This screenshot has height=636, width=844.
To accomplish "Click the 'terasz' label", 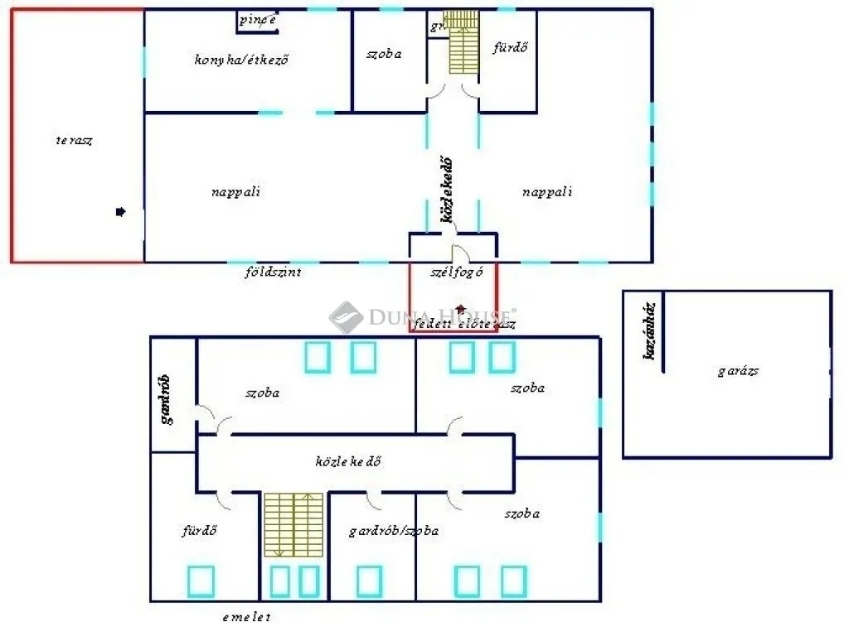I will pos(74,140).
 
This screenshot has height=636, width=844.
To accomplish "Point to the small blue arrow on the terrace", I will pos(120,212).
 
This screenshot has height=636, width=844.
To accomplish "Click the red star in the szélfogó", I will pos(461,309).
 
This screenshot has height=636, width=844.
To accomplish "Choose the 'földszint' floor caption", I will pos(273,272).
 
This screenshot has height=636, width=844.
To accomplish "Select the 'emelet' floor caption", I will pos(246,617).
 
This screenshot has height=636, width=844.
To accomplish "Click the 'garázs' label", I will pos(738,371).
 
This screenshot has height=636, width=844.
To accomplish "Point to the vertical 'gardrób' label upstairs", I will pos(166,399).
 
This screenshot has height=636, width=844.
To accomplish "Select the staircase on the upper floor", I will pos(293,524).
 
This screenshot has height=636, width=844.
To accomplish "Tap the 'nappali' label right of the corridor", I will pos(547,192).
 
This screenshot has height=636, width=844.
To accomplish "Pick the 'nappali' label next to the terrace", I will pos(236,192).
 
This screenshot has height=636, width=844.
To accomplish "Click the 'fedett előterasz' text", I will pos(464,325).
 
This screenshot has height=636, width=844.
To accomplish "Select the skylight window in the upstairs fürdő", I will pos(201,581).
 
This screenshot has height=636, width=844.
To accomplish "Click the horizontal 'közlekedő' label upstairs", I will pos(348,461).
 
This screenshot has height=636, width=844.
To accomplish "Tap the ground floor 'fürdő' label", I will pos(510,48).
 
